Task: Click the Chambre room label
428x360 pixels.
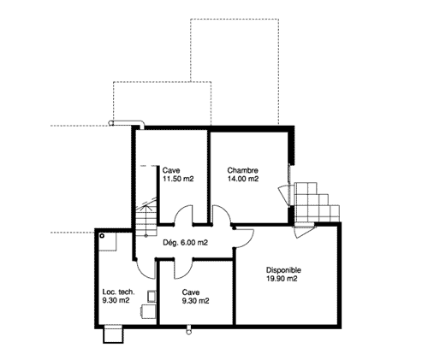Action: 242,170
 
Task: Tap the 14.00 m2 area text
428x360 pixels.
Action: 243,179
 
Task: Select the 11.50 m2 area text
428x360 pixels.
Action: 178,179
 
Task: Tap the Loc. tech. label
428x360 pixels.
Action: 118,292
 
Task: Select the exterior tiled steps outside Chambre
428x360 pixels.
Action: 317,203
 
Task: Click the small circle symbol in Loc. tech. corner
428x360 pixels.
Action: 102,236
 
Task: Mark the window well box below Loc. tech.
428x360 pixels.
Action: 113,333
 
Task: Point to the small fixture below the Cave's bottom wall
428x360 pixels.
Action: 188,330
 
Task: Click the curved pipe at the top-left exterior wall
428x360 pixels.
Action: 127,123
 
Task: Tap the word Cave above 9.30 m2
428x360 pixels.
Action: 191,292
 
